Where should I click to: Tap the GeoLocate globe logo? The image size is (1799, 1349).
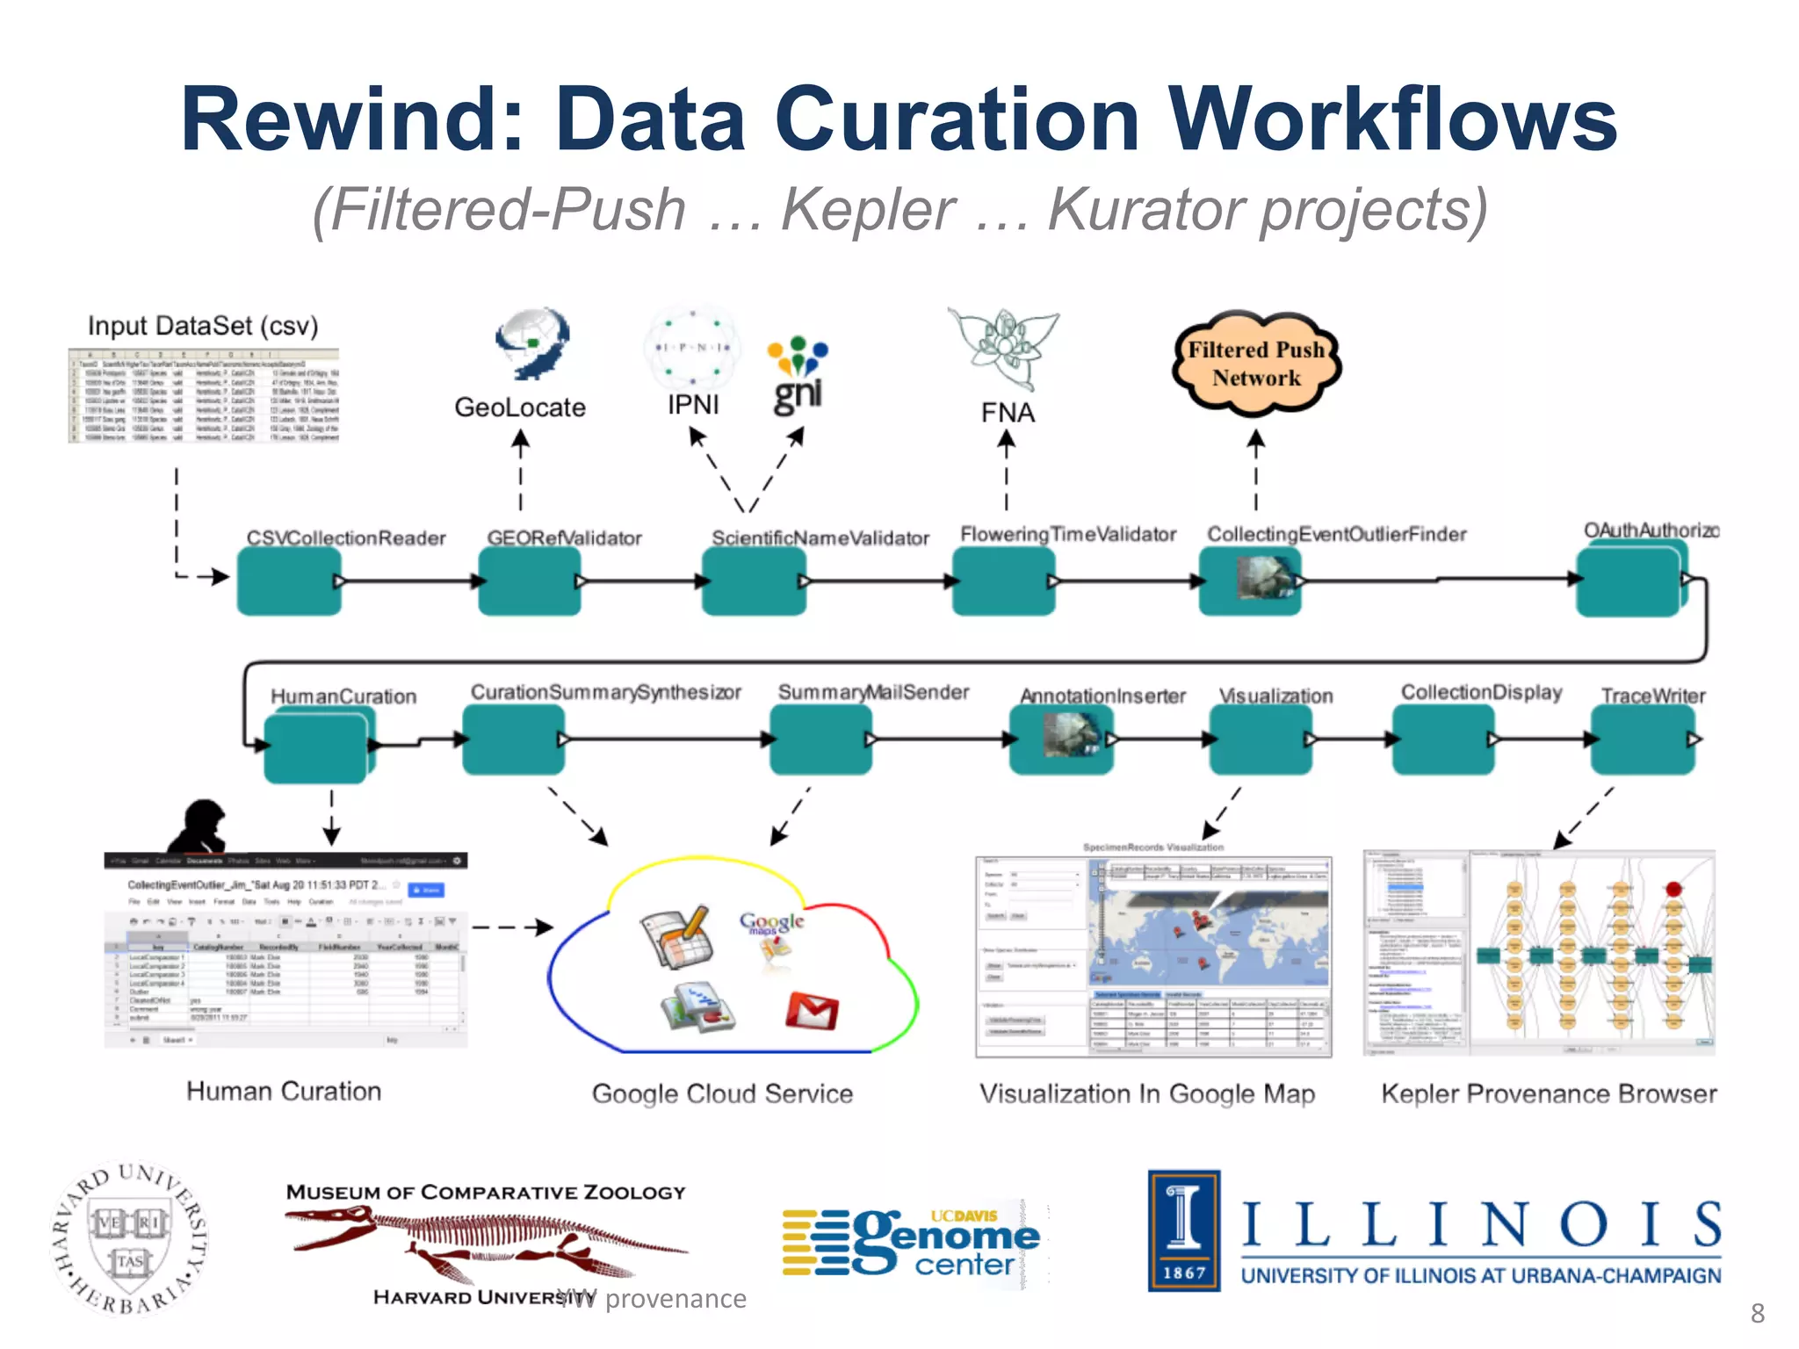[532, 343]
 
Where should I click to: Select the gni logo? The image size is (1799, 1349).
[798, 378]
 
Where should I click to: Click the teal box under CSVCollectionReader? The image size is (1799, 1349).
[289, 581]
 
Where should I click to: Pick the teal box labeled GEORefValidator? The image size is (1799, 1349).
[529, 581]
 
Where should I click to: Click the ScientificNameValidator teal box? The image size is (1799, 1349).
[754, 581]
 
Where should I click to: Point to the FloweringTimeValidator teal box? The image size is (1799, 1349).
[1003, 581]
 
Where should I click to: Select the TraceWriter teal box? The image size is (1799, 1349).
[1643, 739]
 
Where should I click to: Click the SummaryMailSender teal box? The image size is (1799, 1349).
[820, 739]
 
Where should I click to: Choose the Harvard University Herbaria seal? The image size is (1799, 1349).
[130, 1238]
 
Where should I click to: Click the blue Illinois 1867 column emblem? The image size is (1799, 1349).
[1184, 1230]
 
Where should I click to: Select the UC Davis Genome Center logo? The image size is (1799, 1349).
[914, 1240]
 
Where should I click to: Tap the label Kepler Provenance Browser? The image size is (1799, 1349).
[1548, 1093]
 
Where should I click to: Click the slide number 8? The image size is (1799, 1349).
[1757, 1313]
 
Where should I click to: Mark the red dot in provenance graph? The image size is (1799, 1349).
[1673, 889]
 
